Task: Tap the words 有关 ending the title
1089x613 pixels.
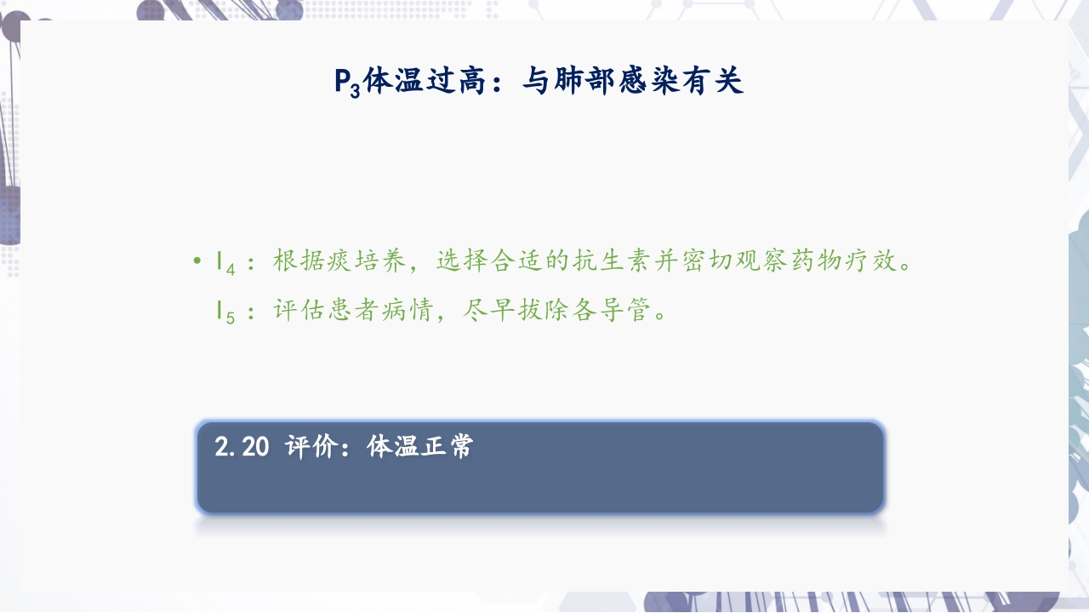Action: (718, 81)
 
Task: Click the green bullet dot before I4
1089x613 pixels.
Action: (197, 261)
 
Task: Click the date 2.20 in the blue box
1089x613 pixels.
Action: (242, 447)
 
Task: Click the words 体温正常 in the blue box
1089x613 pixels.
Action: (420, 447)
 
